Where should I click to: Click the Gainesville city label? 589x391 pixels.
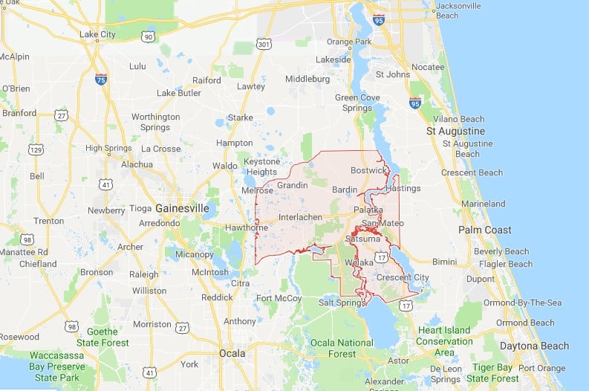point(182,208)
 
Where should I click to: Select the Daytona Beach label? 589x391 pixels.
point(533,346)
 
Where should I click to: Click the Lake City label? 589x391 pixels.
point(97,34)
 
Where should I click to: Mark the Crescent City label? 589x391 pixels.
point(403,278)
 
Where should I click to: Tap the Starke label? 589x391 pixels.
point(240,117)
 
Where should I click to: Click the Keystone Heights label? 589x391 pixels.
point(262,167)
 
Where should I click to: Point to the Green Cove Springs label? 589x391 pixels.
point(357,103)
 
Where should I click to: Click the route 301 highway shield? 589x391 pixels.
point(264,46)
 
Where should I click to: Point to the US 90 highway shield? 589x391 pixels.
point(149,36)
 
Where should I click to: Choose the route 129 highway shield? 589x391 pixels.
point(34,150)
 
